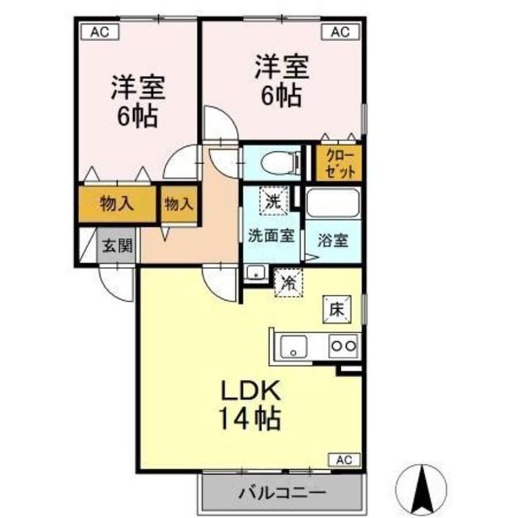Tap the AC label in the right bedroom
click(340, 31)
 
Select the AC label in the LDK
click(344, 459)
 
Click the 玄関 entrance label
click(117, 245)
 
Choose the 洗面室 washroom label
click(271, 235)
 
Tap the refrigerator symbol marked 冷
click(288, 281)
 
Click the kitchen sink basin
click(294, 346)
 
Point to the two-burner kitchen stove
click(342, 346)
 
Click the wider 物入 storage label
click(117, 204)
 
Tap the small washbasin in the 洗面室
click(255, 272)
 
